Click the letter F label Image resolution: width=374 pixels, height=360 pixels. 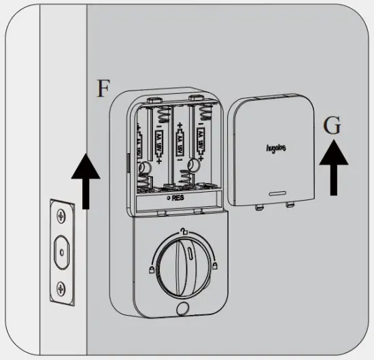(x=101, y=89)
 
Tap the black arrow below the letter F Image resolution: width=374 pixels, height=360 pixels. (x=86, y=180)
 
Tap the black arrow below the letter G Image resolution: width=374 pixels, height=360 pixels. (x=333, y=167)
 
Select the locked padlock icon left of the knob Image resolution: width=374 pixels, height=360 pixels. (x=147, y=270)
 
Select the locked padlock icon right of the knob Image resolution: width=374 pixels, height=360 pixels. (x=216, y=266)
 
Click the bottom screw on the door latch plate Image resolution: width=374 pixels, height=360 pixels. (x=62, y=287)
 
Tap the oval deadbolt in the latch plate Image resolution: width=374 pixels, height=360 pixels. (x=62, y=250)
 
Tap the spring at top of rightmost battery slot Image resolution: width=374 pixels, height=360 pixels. (x=201, y=110)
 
